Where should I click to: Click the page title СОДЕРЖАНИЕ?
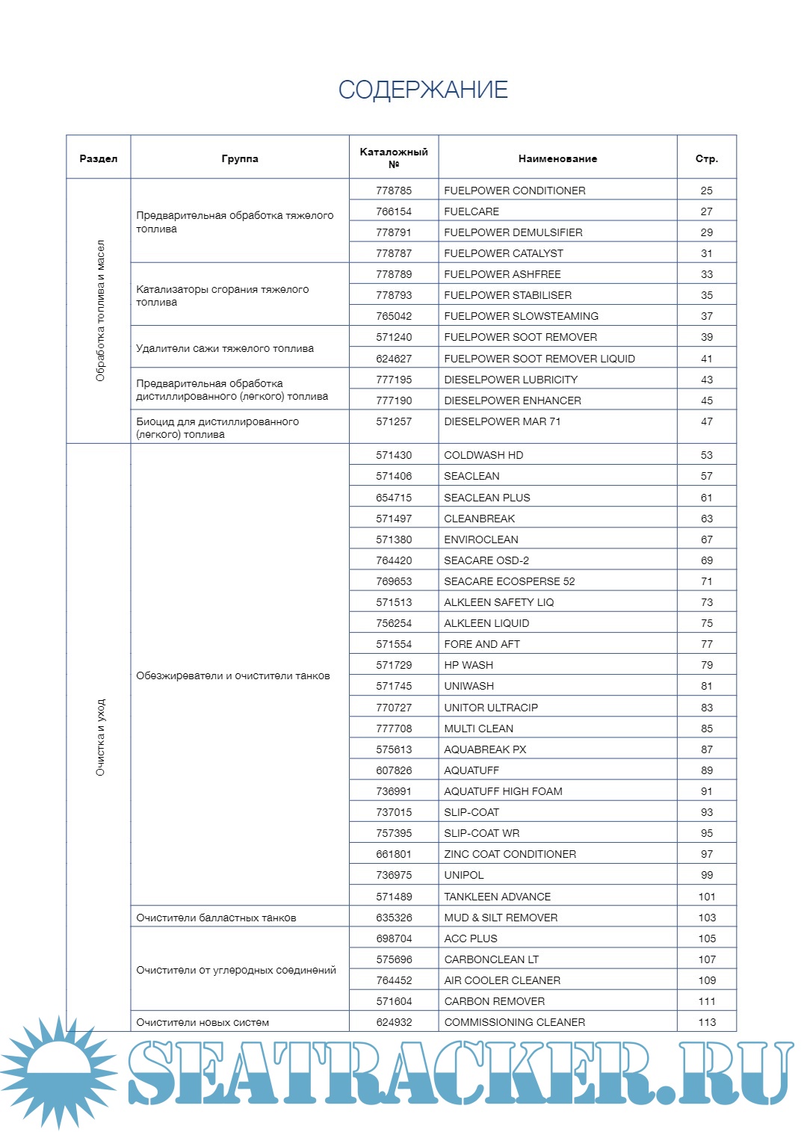[423, 90]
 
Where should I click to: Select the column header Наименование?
[557, 158]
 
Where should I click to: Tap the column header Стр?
[706, 158]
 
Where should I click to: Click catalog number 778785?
[394, 191]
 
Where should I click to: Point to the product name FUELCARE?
[471, 211]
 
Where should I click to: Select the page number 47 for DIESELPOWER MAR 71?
[706, 421]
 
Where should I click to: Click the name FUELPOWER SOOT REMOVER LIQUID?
[539, 359]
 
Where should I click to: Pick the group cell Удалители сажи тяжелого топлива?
[225, 348]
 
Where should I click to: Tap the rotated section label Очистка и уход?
[100, 737]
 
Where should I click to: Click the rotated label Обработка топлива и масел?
[100, 311]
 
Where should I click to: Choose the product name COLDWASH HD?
[483, 455]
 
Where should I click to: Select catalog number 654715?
[394, 498]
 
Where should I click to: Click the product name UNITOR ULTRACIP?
[491, 708]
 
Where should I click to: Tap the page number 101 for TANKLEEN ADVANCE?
[707, 897]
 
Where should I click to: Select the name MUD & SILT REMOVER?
[501, 918]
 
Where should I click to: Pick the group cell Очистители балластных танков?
[216, 918]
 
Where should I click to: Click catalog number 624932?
[394, 1022]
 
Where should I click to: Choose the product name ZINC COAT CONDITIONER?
[510, 854]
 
